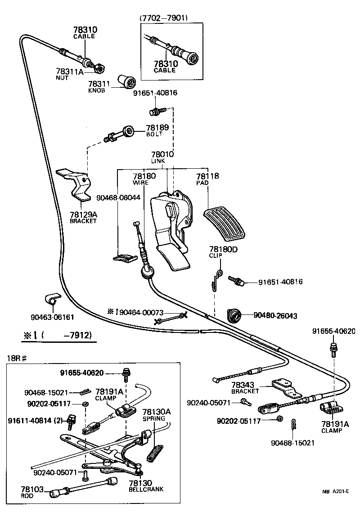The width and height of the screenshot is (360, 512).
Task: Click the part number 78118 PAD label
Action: pos(207,179)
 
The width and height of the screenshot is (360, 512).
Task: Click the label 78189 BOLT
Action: pos(157,130)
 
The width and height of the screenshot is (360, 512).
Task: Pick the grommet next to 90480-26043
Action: pos(234,316)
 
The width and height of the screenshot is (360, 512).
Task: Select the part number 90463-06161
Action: pos(52,317)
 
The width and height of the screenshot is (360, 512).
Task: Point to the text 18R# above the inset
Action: pos(17,358)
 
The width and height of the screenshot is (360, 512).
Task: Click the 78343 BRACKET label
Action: pos(245,387)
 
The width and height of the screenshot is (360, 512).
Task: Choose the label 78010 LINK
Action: pos(162,157)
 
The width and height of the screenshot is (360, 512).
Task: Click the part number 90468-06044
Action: pos(118,197)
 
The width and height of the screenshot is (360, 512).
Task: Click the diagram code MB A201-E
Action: pos(335,492)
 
